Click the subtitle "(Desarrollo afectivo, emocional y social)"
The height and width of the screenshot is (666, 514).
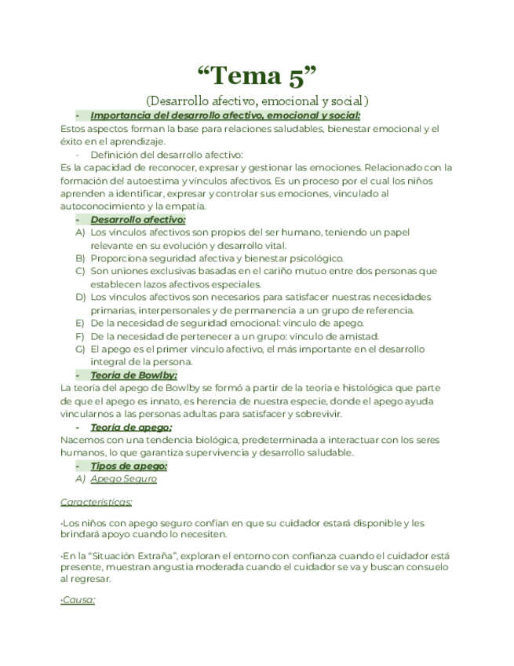(x=257, y=101)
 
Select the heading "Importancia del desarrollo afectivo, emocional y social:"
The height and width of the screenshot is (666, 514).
(x=225, y=116)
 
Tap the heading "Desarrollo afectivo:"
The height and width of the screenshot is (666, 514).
(x=138, y=220)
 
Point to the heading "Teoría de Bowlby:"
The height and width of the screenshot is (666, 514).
(x=133, y=375)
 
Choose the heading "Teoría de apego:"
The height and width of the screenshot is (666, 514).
(x=131, y=427)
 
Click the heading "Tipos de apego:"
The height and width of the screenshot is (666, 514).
(x=129, y=466)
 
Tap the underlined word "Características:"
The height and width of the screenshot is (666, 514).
(x=97, y=501)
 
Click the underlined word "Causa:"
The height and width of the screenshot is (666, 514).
(x=78, y=600)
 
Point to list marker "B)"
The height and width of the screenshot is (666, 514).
(x=80, y=258)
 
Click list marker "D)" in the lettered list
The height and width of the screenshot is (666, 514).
(x=80, y=297)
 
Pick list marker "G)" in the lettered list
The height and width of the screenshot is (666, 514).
(x=80, y=349)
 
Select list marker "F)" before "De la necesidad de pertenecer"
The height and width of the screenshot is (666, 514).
(x=80, y=336)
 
